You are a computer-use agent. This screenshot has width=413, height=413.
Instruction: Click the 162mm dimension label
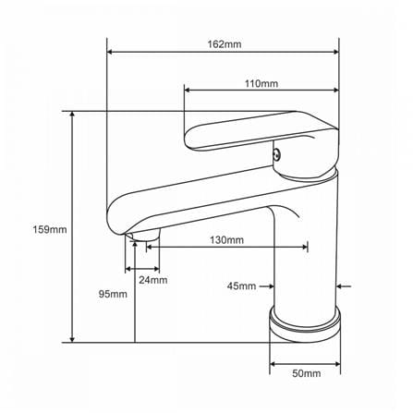click(x=225, y=44)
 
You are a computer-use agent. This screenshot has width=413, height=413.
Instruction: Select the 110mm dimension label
click(x=261, y=83)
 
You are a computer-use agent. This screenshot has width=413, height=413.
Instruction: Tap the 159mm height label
click(x=50, y=229)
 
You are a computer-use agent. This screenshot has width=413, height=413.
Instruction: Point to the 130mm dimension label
click(x=226, y=239)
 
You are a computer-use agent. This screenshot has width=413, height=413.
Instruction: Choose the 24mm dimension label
click(x=153, y=280)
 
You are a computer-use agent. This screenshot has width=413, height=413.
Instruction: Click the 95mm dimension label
click(x=113, y=294)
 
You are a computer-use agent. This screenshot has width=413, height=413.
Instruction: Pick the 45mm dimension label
click(x=241, y=286)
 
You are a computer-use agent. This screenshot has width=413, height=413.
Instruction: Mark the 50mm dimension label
click(x=307, y=373)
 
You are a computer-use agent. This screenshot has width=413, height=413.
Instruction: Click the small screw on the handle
click(x=277, y=153)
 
